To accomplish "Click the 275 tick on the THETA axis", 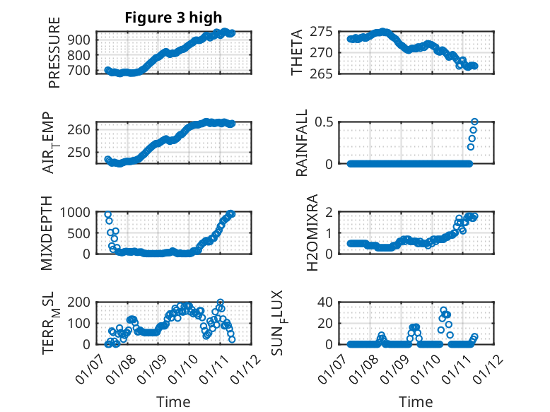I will tap(323, 32).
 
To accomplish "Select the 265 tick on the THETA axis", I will tap(323, 73).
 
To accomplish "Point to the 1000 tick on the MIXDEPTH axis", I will tap(78, 211).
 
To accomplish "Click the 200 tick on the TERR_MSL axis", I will tap(81, 302).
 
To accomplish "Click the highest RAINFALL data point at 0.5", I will tap(474, 122).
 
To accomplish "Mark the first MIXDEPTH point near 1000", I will tap(107, 214).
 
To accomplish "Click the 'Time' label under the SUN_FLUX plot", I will tap(416, 401).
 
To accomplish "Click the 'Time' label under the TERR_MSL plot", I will tap(173, 401).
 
